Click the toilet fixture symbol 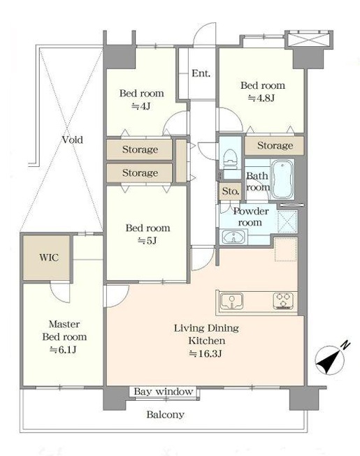coord(231,159)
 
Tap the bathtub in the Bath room coord(282,179)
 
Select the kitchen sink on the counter coord(232,301)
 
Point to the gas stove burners coord(284,301)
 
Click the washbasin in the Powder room coord(233,237)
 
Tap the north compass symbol coord(332,358)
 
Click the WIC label coord(49,258)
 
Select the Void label coord(73,140)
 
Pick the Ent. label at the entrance coord(201,73)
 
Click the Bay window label coord(164,392)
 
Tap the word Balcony coord(165,414)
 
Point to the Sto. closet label coord(231,191)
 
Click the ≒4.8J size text coord(261,98)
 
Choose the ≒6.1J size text coord(63,350)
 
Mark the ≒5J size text coord(147,240)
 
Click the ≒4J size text coord(141,106)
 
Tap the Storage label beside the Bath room coord(275,145)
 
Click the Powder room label coord(250,217)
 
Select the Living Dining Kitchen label coord(207,334)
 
